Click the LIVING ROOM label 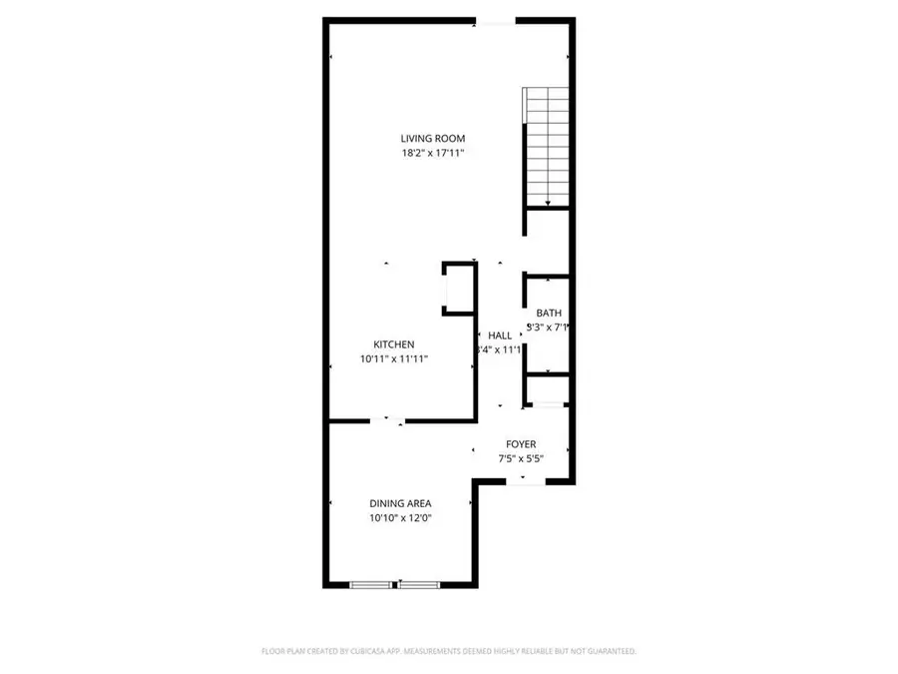(433, 139)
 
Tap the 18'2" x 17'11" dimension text (433, 154)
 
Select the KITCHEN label (394, 344)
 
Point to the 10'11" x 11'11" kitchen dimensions (394, 359)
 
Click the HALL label (500, 336)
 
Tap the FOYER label (521, 444)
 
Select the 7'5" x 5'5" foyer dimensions (521, 459)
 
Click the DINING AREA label (400, 503)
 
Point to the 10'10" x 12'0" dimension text (400, 518)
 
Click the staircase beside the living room (547, 145)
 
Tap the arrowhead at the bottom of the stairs (547, 204)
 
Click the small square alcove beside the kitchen (457, 290)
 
